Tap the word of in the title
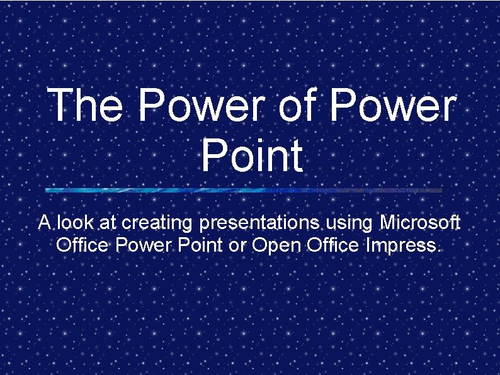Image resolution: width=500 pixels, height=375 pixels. click(x=300, y=105)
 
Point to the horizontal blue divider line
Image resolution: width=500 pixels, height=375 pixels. click(x=244, y=189)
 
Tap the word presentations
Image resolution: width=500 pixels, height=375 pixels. click(x=261, y=223)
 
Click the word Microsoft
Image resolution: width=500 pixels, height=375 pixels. click(x=421, y=223)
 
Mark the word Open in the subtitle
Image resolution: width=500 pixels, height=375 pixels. click(x=277, y=245)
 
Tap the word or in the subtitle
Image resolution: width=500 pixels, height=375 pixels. click(x=237, y=245)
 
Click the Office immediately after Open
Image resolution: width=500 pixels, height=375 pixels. click(x=334, y=244)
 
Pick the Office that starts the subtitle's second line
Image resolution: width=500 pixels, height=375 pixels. click(x=83, y=244)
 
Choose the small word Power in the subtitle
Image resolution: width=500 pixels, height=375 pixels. click(x=143, y=244)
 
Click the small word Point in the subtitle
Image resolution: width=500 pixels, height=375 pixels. click(x=200, y=244)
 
